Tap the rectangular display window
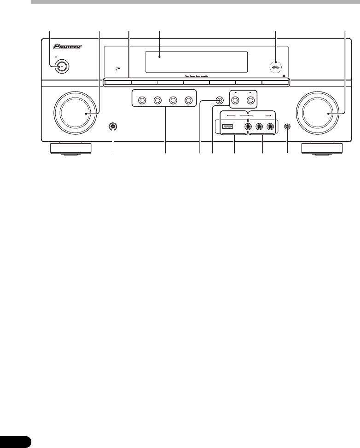pos(196,62)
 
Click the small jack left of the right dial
pos(288,127)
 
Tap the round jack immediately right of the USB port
pos(249,126)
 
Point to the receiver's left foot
pos(70,148)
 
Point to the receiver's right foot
pos(322,148)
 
